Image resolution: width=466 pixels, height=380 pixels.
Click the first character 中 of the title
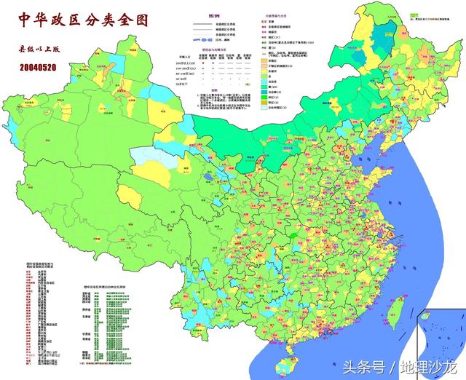point(24,20)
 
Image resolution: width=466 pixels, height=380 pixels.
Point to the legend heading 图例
point(213,16)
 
